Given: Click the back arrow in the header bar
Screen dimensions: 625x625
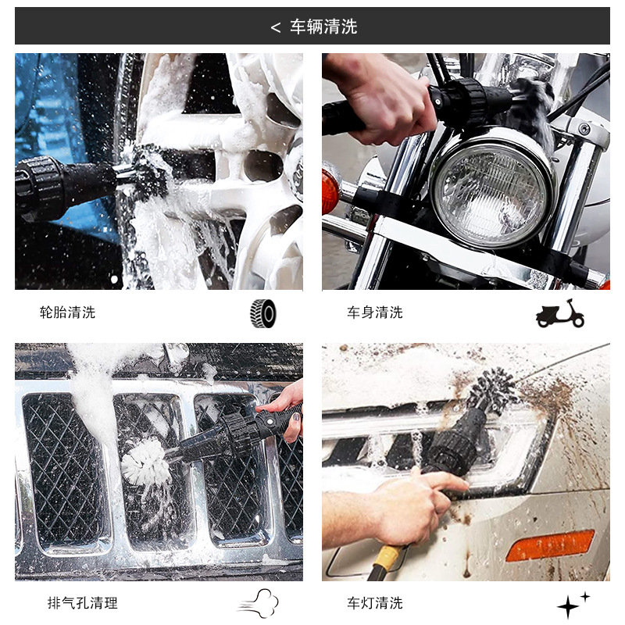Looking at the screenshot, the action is (x=276, y=27).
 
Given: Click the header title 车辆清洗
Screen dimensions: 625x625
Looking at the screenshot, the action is (x=323, y=27).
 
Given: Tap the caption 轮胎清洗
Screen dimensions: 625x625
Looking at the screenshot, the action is (x=67, y=312).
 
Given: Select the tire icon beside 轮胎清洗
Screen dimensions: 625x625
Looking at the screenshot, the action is (x=263, y=314).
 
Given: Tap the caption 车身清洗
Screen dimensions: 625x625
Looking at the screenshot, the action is (x=375, y=312).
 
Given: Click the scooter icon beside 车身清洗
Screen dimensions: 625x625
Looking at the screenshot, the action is (x=559, y=314).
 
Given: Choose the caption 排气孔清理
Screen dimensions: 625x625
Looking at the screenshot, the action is (x=83, y=602).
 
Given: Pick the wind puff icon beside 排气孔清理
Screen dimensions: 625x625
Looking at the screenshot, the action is (x=259, y=603).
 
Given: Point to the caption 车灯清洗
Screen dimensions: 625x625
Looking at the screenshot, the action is (x=375, y=602).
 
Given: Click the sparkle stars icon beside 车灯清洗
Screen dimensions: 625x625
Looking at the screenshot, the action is (x=573, y=605).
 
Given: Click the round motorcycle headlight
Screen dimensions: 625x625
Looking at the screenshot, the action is (x=491, y=191).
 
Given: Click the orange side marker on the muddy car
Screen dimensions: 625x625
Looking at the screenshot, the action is (x=550, y=545).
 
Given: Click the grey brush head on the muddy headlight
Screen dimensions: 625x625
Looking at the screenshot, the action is (x=494, y=391).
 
